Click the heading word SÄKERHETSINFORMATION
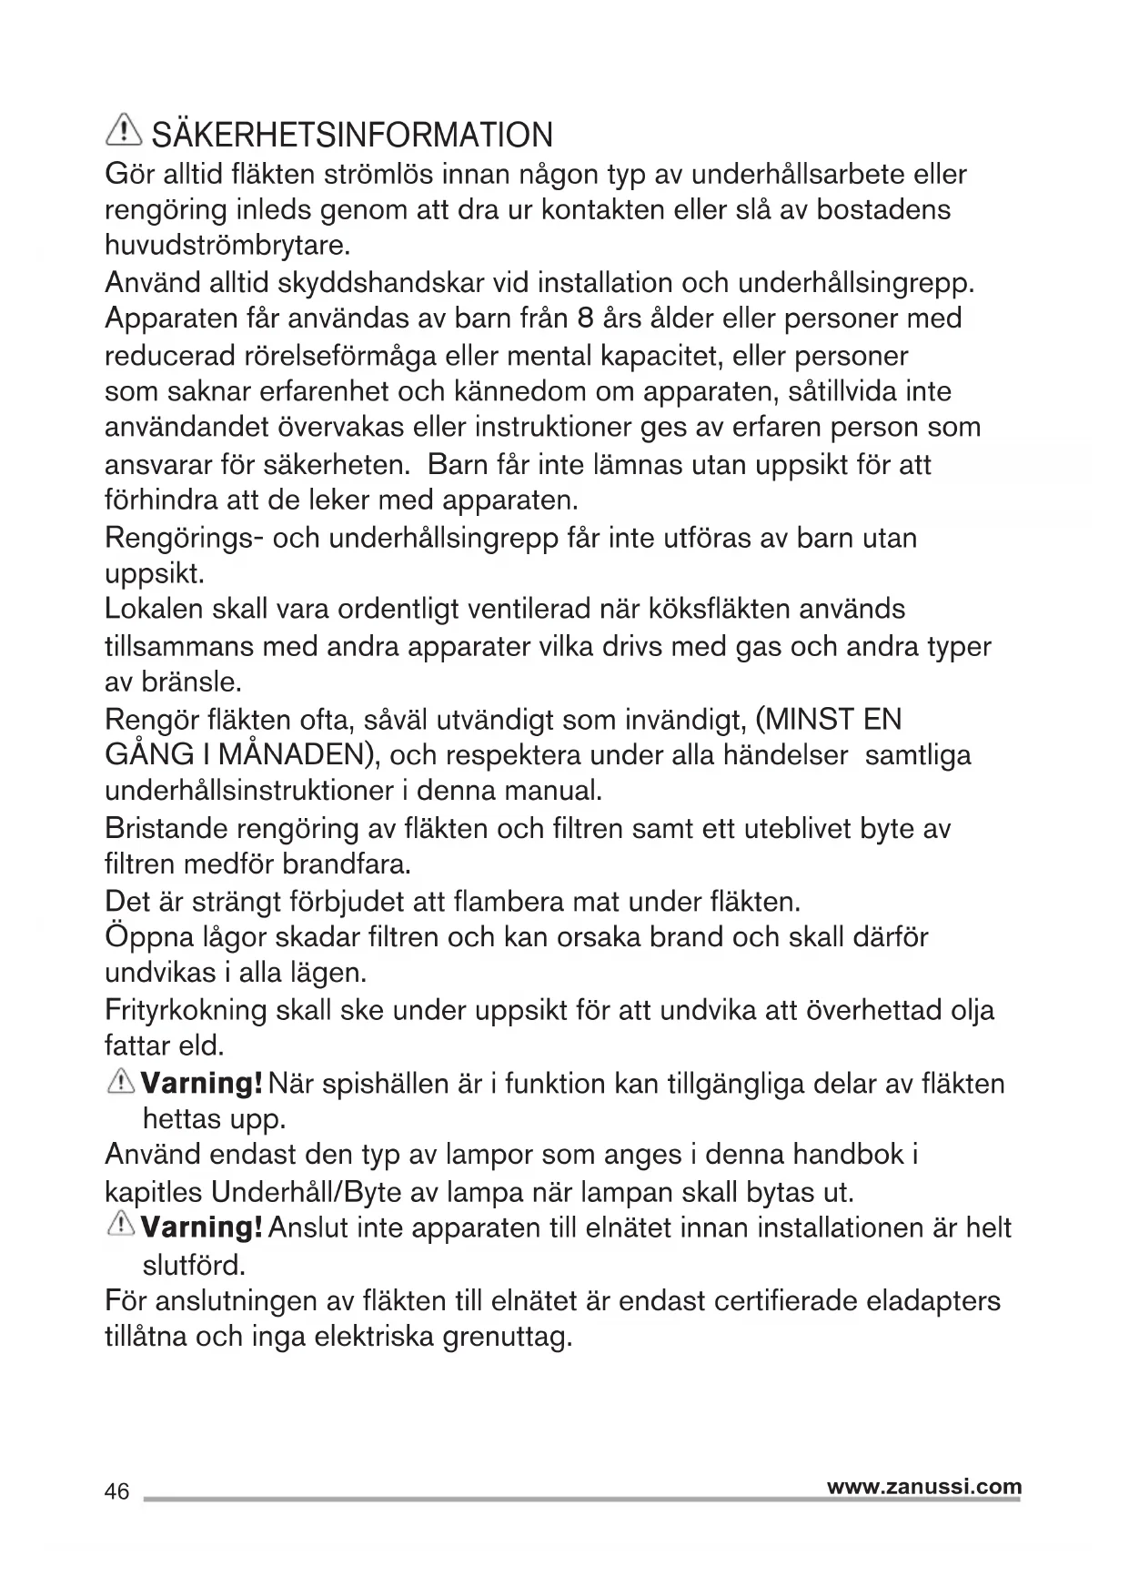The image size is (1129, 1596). (x=352, y=136)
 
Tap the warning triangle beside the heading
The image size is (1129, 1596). (x=124, y=133)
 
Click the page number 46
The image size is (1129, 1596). (x=117, y=1491)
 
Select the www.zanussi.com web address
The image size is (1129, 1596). (x=924, y=1486)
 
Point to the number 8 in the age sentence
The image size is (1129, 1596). (x=586, y=318)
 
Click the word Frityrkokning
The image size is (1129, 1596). (x=186, y=1010)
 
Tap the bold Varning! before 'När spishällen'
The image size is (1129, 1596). (x=203, y=1084)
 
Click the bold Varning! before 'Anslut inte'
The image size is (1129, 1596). (x=203, y=1227)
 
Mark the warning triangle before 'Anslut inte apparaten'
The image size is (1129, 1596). (x=121, y=1226)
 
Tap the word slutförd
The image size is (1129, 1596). (x=195, y=1265)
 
